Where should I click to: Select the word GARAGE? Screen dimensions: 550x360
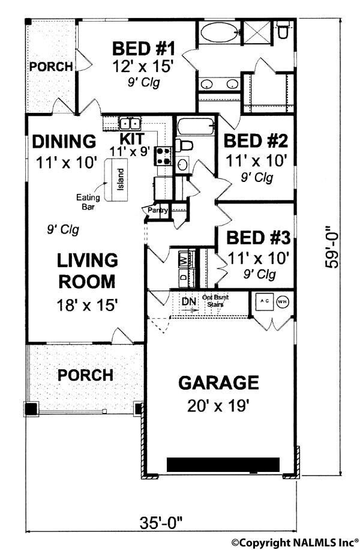pyautogui.click(x=218, y=382)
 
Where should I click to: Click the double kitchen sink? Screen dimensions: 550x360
pyautogui.click(x=129, y=124)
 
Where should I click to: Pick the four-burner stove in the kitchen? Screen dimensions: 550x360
pyautogui.click(x=164, y=156)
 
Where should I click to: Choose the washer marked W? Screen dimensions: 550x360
pyautogui.click(x=184, y=260)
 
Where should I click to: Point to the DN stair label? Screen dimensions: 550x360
pyautogui.click(x=189, y=300)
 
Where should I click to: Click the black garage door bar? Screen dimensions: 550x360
pyautogui.click(x=223, y=464)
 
